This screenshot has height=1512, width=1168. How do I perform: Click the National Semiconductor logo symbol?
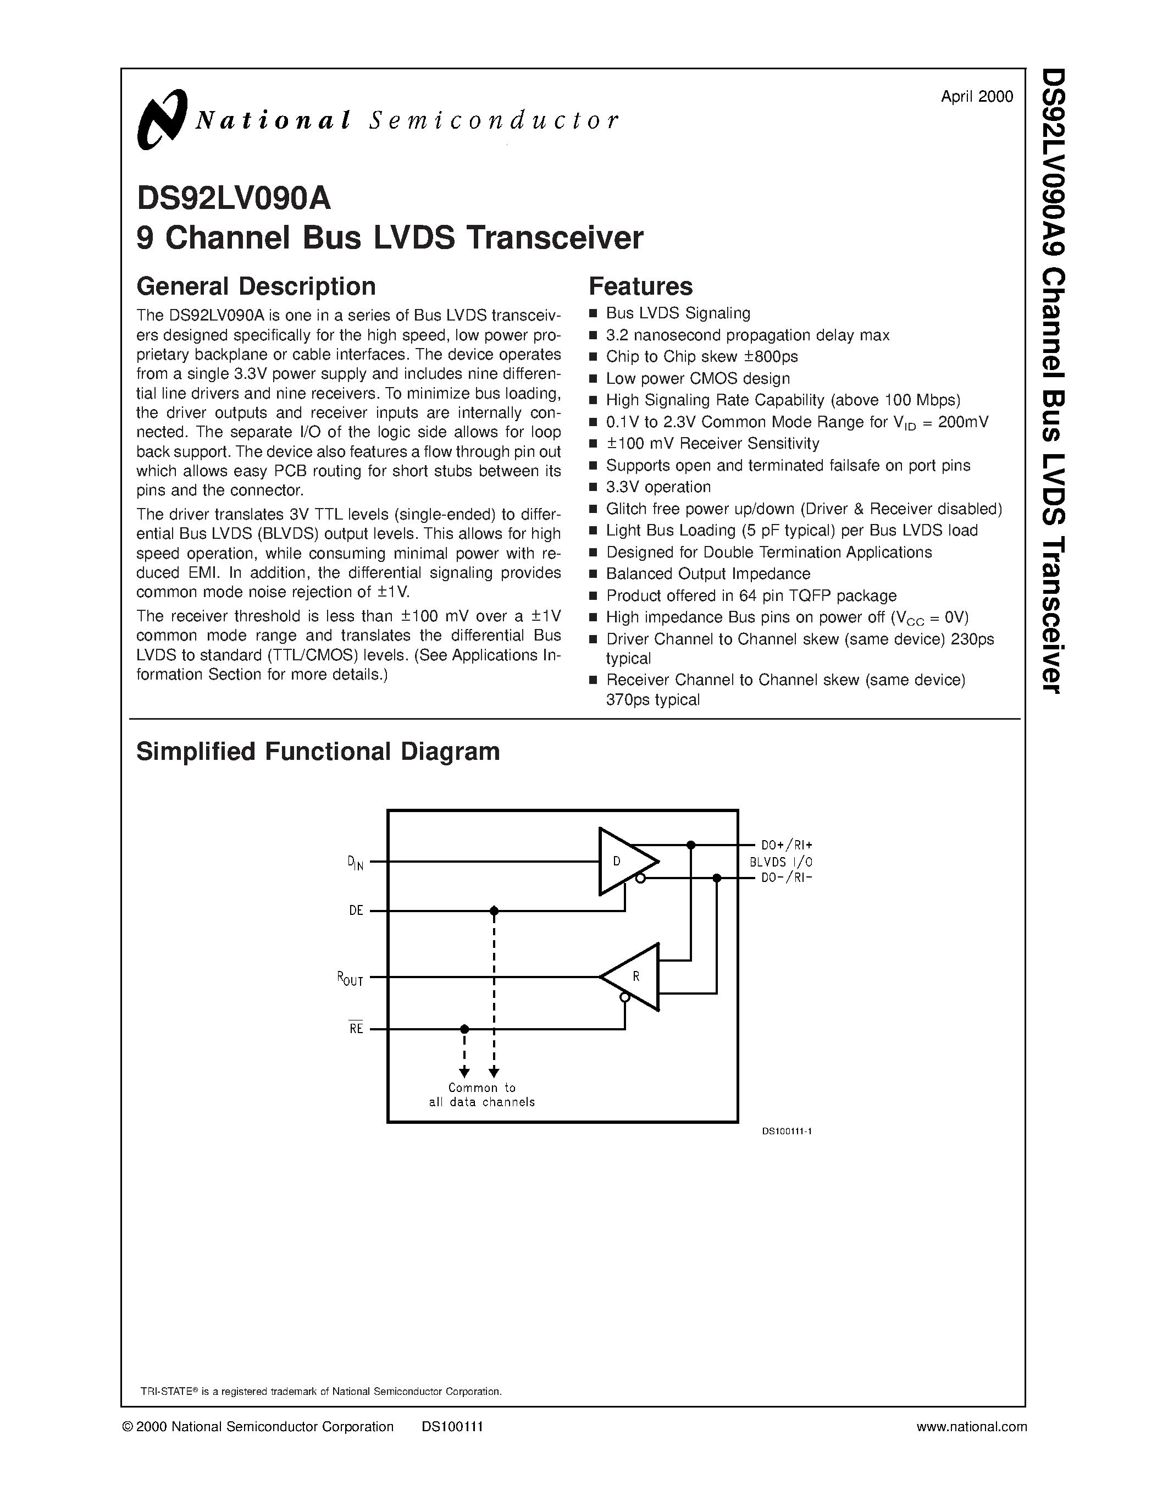(162, 119)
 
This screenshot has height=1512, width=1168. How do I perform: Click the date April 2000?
(976, 96)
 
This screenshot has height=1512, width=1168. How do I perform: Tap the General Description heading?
(256, 286)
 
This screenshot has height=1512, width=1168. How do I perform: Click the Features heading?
(640, 286)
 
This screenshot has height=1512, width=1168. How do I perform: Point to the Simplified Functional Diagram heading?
(318, 751)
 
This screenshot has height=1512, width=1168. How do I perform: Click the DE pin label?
(356, 911)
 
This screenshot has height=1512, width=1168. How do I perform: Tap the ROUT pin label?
(350, 979)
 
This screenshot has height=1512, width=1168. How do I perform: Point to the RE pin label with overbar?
(356, 1029)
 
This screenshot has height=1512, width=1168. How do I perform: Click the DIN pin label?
(355, 863)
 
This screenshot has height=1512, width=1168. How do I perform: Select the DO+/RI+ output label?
(787, 845)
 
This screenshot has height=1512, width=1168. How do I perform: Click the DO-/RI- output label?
(787, 878)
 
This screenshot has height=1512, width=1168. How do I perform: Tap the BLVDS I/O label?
(781, 862)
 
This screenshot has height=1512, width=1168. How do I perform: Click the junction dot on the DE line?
(494, 911)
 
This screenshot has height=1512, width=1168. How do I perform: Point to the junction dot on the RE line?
(464, 1029)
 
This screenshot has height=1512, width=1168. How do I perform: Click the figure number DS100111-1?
(786, 1131)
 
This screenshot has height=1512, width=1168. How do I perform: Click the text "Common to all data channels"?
(481, 1095)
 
